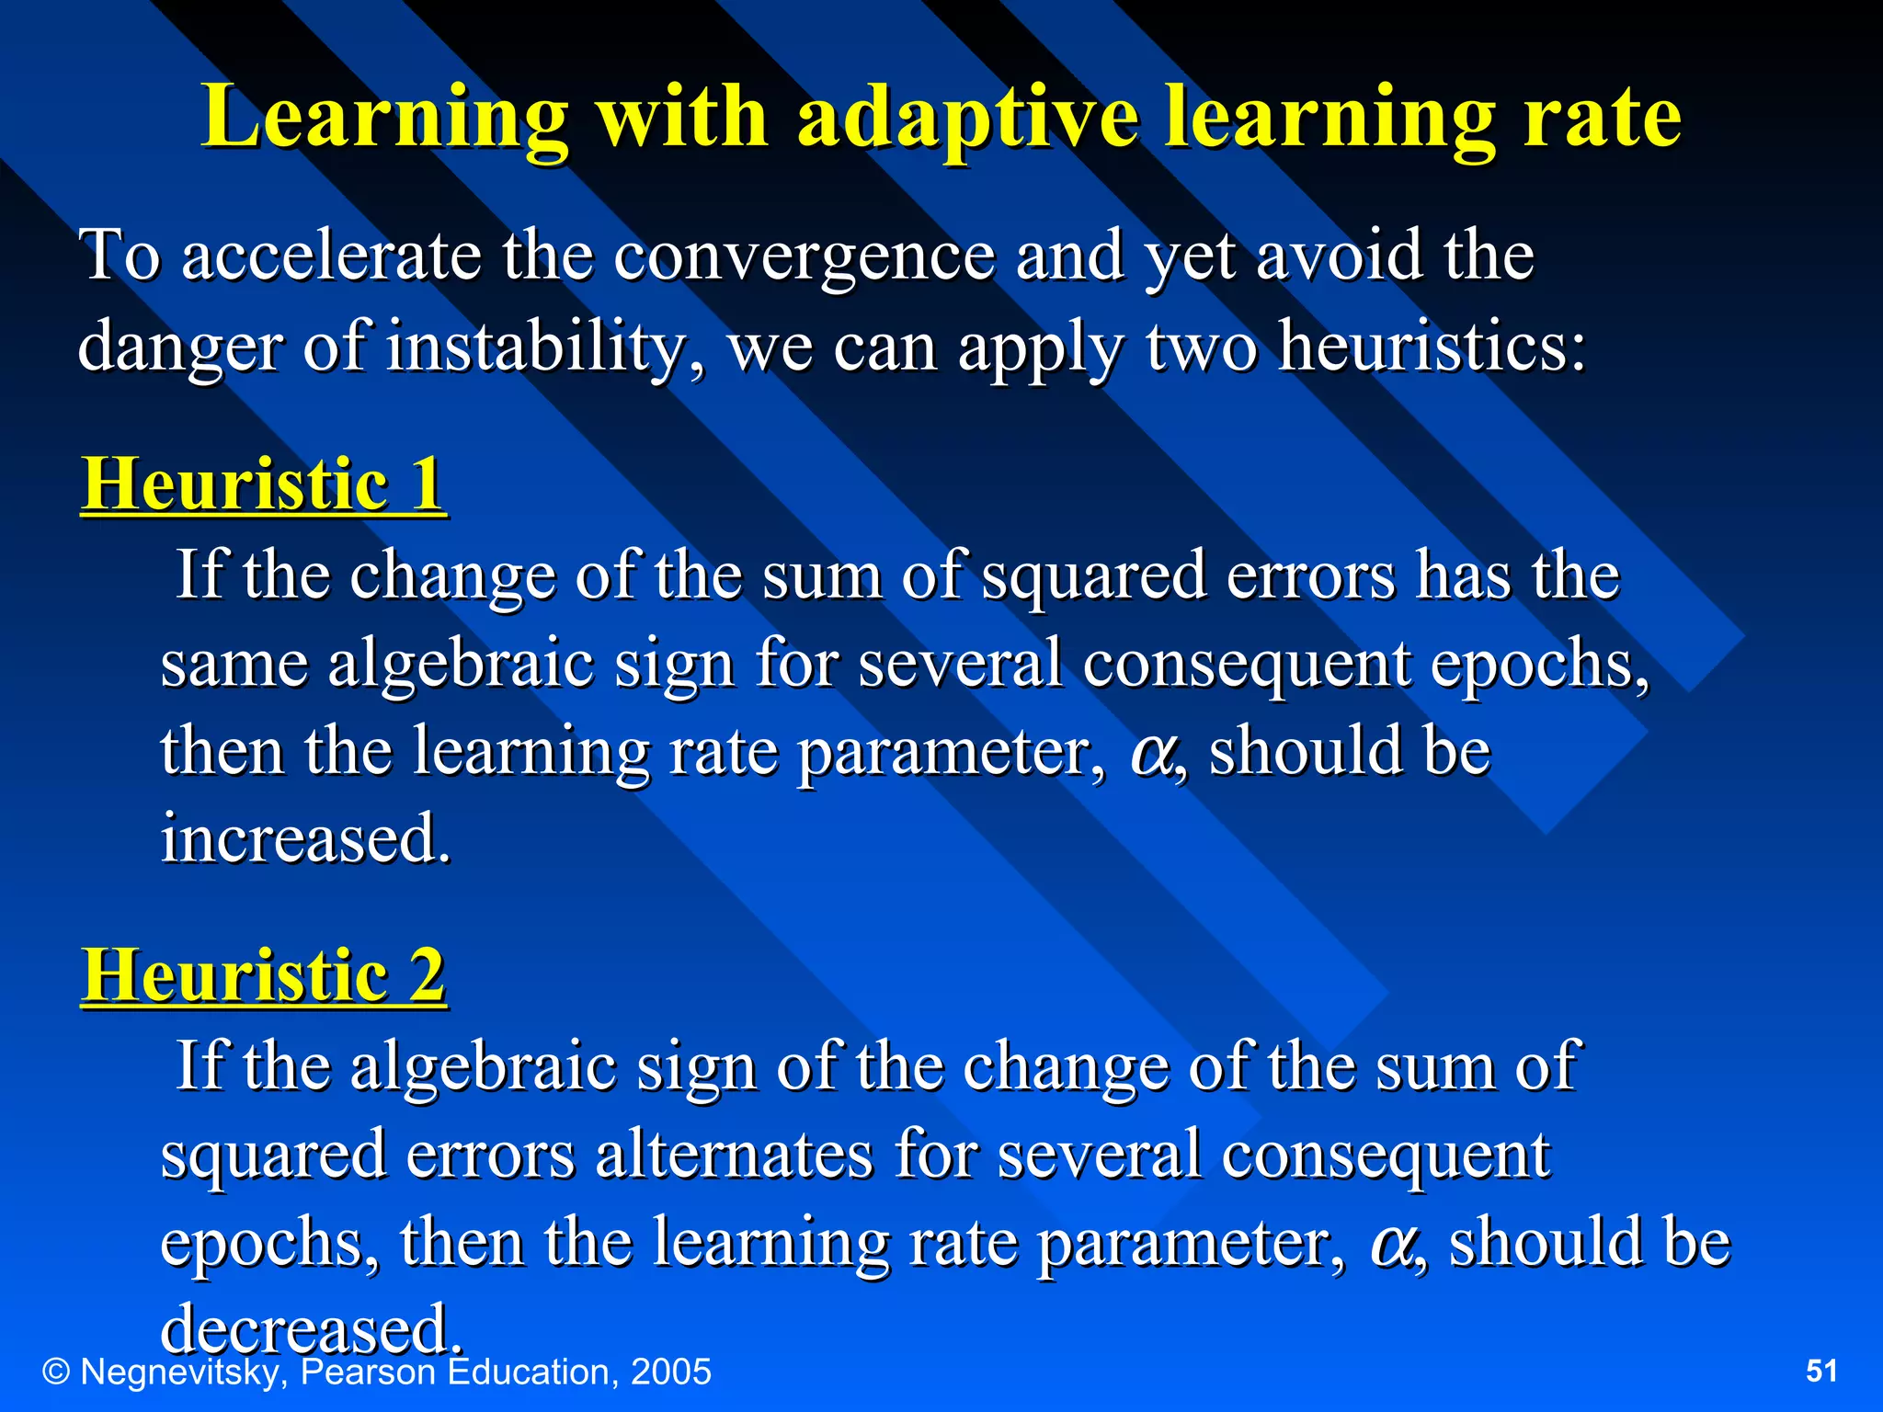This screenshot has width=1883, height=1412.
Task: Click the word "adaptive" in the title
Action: pyautogui.click(x=968, y=120)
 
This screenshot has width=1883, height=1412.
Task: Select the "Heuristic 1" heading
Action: pyautogui.click(x=264, y=484)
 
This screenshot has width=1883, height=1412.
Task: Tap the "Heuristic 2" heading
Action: pyautogui.click(x=264, y=975)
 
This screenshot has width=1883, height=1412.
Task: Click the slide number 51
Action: pyautogui.click(x=1821, y=1371)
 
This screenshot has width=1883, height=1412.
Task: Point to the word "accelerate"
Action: pyautogui.click(x=331, y=256)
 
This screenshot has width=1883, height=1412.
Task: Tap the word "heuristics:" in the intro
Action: pyautogui.click(x=1432, y=347)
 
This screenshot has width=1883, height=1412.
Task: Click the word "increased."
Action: pyautogui.click(x=306, y=838)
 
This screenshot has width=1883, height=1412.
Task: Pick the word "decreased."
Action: pyautogui.click(x=311, y=1329)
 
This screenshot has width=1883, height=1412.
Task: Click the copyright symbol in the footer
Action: pyautogui.click(x=57, y=1372)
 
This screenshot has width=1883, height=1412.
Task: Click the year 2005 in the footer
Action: pyautogui.click(x=671, y=1372)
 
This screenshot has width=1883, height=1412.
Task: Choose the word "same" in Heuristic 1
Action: pyautogui.click(x=234, y=664)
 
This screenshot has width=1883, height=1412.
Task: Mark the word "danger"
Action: pyautogui.click(x=179, y=347)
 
